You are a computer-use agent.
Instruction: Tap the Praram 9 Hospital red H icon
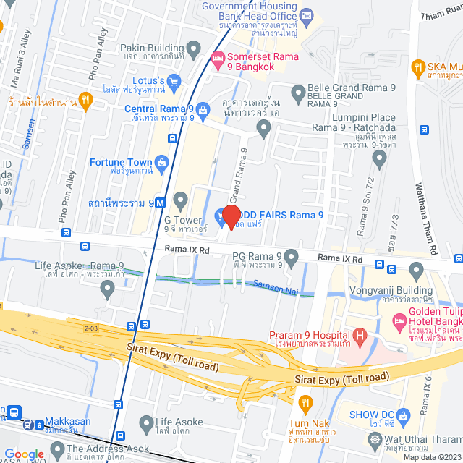pyautogui.click(x=360, y=335)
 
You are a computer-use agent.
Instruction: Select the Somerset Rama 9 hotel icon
pyautogui.click(x=217, y=56)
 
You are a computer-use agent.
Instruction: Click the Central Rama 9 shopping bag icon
pyautogui.click(x=203, y=109)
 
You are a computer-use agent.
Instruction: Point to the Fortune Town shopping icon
pyautogui.click(x=162, y=162)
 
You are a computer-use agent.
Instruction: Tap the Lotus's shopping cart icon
pyautogui.click(x=174, y=81)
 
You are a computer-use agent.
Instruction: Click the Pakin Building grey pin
pyautogui.click(x=193, y=51)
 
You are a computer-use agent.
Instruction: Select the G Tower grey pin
pyautogui.click(x=180, y=199)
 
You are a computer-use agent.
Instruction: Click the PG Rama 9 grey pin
pyautogui.click(x=292, y=257)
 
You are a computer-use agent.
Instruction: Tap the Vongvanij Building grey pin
pyautogui.click(x=416, y=271)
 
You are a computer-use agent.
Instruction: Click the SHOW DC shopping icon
pyautogui.click(x=404, y=415)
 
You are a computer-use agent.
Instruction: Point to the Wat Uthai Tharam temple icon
pyautogui.click(x=375, y=439)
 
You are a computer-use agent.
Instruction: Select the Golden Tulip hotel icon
pyautogui.click(x=399, y=320)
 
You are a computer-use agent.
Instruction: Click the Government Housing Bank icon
pyautogui.click(x=306, y=15)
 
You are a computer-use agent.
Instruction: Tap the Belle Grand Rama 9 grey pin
pyautogui.click(x=297, y=92)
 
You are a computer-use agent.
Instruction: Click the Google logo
pyautogui.click(x=24, y=454)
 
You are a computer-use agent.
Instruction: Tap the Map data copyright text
pyautogui.click(x=431, y=457)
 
